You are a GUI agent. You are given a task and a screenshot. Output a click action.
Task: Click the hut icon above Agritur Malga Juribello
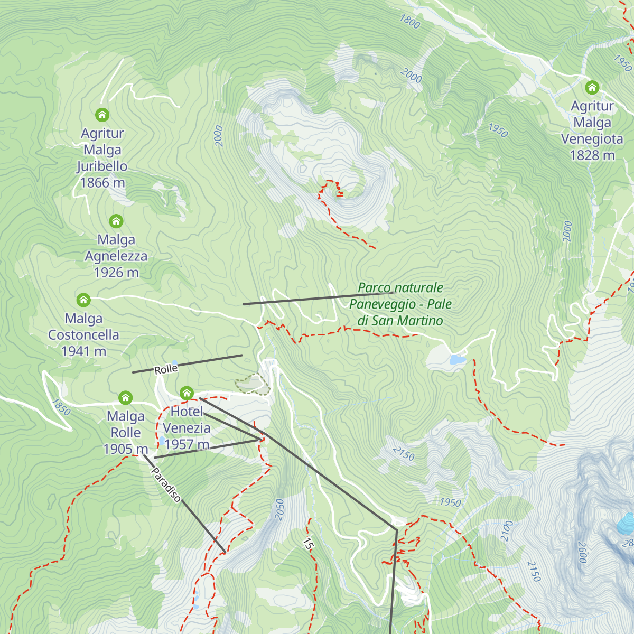(x=102, y=115)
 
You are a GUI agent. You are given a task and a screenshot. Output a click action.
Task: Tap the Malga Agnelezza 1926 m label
(x=116, y=256)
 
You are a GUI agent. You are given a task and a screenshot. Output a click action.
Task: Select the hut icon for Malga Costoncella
(x=83, y=300)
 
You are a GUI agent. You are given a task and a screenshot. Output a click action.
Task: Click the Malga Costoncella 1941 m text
(x=83, y=335)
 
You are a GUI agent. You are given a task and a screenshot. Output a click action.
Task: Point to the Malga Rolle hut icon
(x=125, y=397)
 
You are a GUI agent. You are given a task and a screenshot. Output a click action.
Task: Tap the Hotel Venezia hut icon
(x=187, y=393)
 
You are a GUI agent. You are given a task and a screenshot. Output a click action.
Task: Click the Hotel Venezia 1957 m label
(x=187, y=428)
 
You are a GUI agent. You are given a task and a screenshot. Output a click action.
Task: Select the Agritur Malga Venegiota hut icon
(x=592, y=87)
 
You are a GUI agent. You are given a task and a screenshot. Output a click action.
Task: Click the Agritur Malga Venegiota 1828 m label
(x=592, y=130)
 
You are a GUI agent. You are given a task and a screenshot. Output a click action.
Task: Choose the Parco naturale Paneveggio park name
(x=400, y=304)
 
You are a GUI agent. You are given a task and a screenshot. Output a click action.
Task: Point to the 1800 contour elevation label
(x=410, y=22)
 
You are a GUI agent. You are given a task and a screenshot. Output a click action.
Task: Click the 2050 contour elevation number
(x=279, y=509)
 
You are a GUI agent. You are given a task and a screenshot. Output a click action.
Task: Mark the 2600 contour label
(x=582, y=552)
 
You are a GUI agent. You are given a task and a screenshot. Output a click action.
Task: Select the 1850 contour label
(x=61, y=407)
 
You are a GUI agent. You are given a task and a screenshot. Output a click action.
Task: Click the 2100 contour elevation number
(x=507, y=530)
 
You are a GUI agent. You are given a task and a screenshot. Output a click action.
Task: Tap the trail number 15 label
(x=308, y=543)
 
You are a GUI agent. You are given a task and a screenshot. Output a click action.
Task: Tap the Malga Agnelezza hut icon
(x=116, y=221)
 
